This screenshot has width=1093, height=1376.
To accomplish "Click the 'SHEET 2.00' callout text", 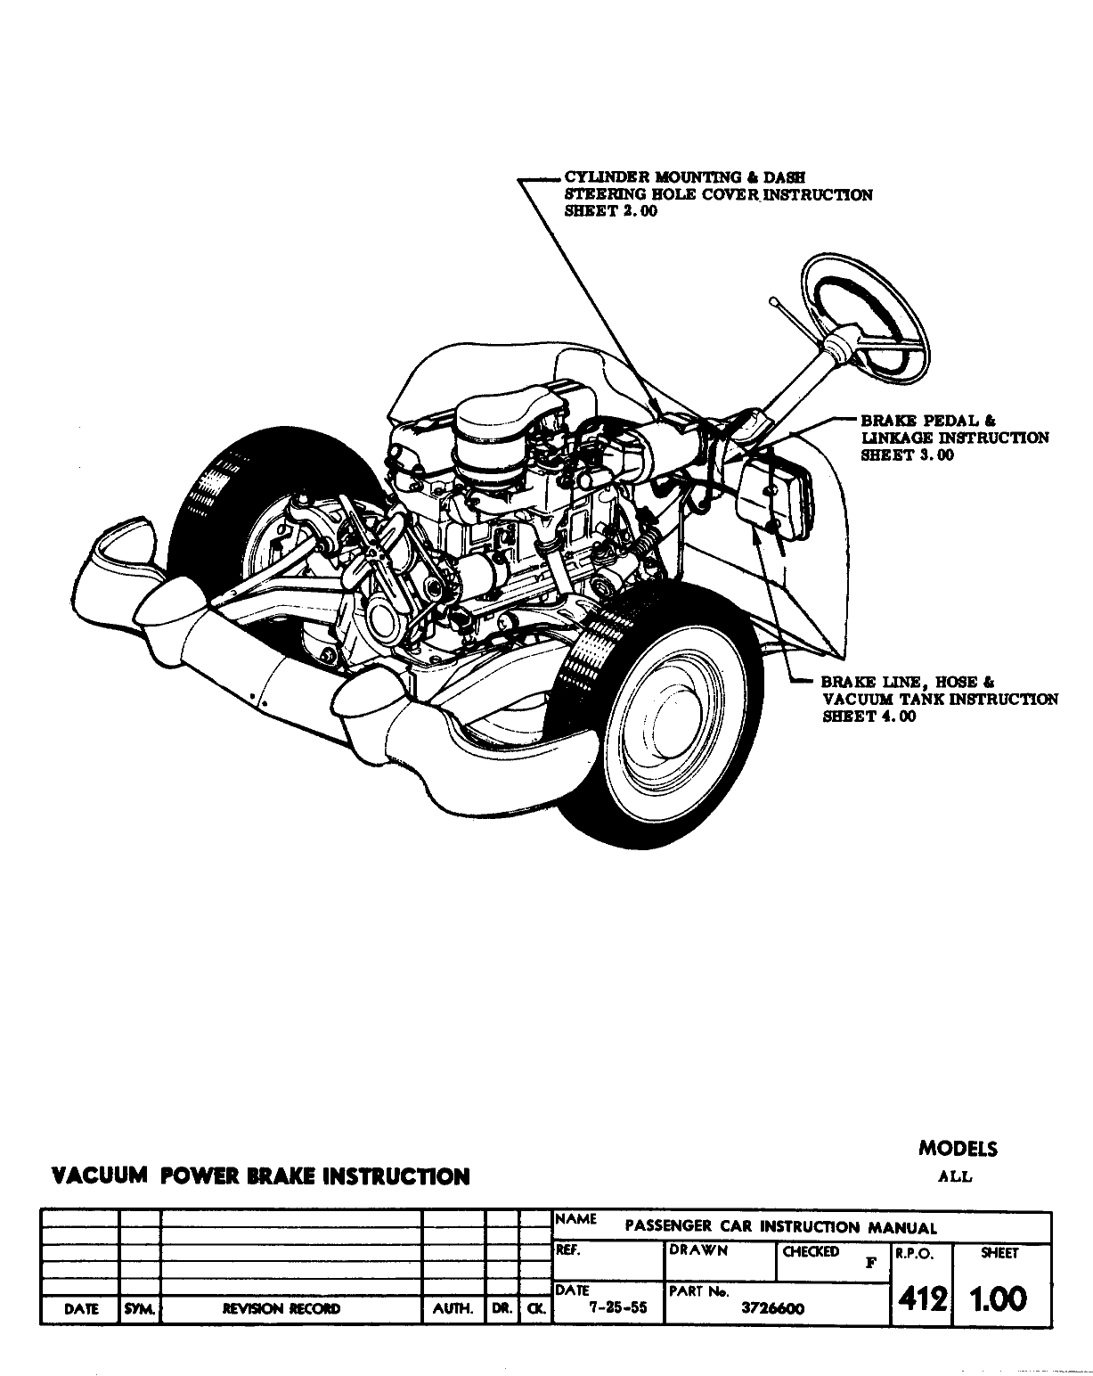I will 611,212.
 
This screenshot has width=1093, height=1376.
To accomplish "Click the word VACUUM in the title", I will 99,1175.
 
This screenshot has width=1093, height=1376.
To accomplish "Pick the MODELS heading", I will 958,1149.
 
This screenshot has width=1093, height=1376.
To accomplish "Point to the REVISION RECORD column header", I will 281,1309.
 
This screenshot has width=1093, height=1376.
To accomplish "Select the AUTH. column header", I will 453,1309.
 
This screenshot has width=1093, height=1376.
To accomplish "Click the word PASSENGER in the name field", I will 665,1226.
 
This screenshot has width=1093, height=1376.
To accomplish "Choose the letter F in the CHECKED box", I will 871,1262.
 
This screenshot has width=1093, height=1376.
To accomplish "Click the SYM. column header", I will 139,1309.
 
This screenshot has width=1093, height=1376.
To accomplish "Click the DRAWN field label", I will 698,1250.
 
